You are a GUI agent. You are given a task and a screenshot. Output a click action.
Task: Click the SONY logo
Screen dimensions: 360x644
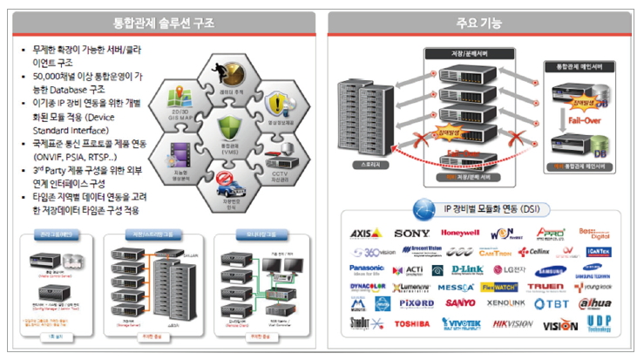coord(411,234)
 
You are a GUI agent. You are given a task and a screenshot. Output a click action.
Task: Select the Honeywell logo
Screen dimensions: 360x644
coord(460,234)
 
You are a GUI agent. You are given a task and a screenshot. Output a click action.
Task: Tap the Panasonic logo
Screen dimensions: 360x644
coord(367,268)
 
